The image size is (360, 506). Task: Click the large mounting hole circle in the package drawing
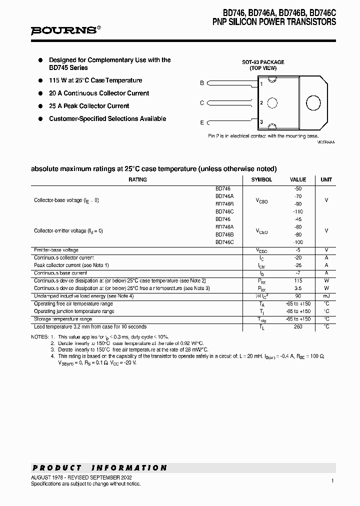(x=313, y=103)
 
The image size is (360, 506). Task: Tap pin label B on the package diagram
(x=202, y=83)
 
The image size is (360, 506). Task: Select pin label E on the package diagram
(x=202, y=122)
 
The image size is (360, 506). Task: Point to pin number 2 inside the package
(x=261, y=103)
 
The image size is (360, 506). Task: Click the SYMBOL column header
(x=261, y=179)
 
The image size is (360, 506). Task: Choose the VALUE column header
(x=298, y=179)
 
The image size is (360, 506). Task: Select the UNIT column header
(x=326, y=179)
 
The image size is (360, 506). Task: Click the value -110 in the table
(x=298, y=211)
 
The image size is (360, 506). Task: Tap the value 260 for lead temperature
(x=298, y=326)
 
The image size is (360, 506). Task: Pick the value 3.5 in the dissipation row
(x=298, y=288)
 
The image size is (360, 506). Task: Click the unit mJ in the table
(x=326, y=296)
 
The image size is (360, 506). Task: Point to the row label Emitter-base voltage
(x=56, y=250)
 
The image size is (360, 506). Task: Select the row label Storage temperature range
(x=63, y=319)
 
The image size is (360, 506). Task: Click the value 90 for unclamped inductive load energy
(x=298, y=296)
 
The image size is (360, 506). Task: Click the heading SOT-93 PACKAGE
(x=263, y=62)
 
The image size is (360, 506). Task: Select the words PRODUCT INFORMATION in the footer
(x=99, y=468)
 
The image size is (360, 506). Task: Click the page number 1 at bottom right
(x=332, y=480)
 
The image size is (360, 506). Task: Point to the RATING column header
(x=137, y=179)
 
